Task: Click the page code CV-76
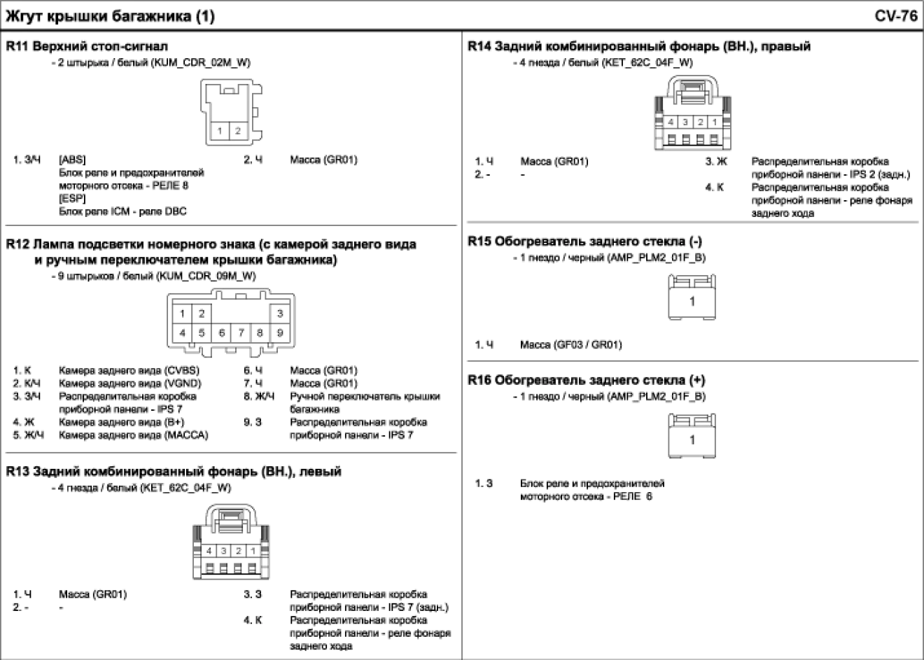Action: pos(895,15)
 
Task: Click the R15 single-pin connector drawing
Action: pos(691,297)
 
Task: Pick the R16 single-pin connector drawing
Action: pos(691,434)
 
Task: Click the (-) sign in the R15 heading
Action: pos(696,241)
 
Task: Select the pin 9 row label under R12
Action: pos(252,423)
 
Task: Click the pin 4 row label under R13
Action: pos(252,621)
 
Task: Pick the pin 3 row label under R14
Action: pos(716,162)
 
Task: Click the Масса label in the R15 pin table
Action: pos(535,344)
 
